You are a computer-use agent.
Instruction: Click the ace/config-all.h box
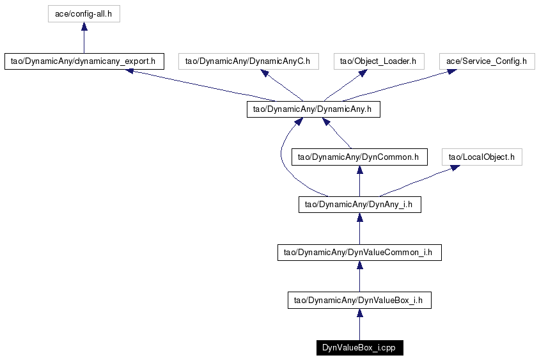[84, 14]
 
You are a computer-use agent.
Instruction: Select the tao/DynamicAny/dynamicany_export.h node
[84, 61]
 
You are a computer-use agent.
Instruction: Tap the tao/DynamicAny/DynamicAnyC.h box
[249, 61]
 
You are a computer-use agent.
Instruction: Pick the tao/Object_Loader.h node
[379, 61]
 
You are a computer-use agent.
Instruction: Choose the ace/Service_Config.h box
[487, 61]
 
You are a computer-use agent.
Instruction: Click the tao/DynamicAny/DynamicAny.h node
[313, 109]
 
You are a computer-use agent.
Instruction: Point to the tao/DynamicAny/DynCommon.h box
[359, 157]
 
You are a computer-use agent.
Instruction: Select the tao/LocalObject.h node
[482, 157]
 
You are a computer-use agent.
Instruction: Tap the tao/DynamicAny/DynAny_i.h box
[360, 205]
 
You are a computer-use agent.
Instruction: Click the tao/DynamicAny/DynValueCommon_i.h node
[359, 253]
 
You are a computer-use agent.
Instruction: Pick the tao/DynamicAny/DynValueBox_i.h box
[359, 300]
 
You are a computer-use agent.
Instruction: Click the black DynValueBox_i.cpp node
[360, 348]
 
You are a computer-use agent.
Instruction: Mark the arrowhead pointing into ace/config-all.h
[84, 26]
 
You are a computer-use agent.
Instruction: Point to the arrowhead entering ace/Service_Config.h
[451, 72]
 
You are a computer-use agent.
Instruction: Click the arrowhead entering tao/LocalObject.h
[455, 168]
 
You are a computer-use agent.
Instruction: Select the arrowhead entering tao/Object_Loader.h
[363, 73]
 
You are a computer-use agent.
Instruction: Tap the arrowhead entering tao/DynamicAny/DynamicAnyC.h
[265, 73]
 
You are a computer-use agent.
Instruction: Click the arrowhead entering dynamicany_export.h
[129, 71]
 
